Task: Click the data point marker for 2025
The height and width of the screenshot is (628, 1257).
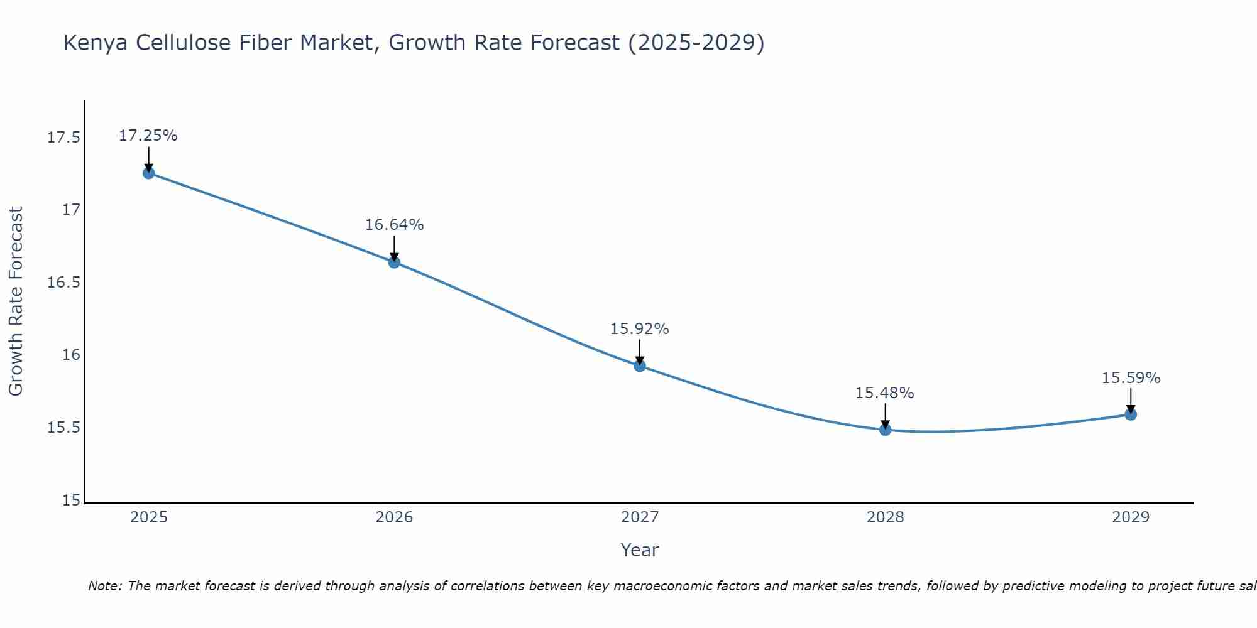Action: coord(148,173)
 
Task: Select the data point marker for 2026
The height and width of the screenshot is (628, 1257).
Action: coord(394,262)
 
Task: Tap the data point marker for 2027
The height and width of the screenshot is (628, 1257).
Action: coord(640,365)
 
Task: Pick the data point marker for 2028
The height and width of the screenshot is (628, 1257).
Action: coord(885,430)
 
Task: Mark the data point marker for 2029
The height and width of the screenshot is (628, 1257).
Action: coord(1131,414)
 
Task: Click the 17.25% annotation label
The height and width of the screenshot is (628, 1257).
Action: coord(148,136)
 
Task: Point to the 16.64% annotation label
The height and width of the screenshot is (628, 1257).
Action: coord(394,225)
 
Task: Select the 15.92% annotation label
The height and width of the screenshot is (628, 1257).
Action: coord(640,329)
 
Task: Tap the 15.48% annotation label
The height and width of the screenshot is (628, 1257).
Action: coord(885,393)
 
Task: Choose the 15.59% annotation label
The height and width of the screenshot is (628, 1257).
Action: coord(1131,378)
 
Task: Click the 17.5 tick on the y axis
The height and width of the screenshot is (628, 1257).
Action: coord(64,137)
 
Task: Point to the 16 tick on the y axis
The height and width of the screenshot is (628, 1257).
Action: coord(72,355)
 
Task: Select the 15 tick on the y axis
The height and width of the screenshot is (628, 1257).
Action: coord(72,501)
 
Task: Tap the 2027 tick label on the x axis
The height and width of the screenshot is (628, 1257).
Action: coord(640,517)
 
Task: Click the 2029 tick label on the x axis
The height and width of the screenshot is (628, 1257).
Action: coord(1131,517)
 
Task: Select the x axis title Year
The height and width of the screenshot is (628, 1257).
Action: coord(640,550)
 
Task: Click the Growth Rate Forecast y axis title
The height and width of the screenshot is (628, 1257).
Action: coord(16,301)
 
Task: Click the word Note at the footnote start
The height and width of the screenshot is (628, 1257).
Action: coord(105,586)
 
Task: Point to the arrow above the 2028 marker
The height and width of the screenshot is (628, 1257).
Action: coord(885,415)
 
